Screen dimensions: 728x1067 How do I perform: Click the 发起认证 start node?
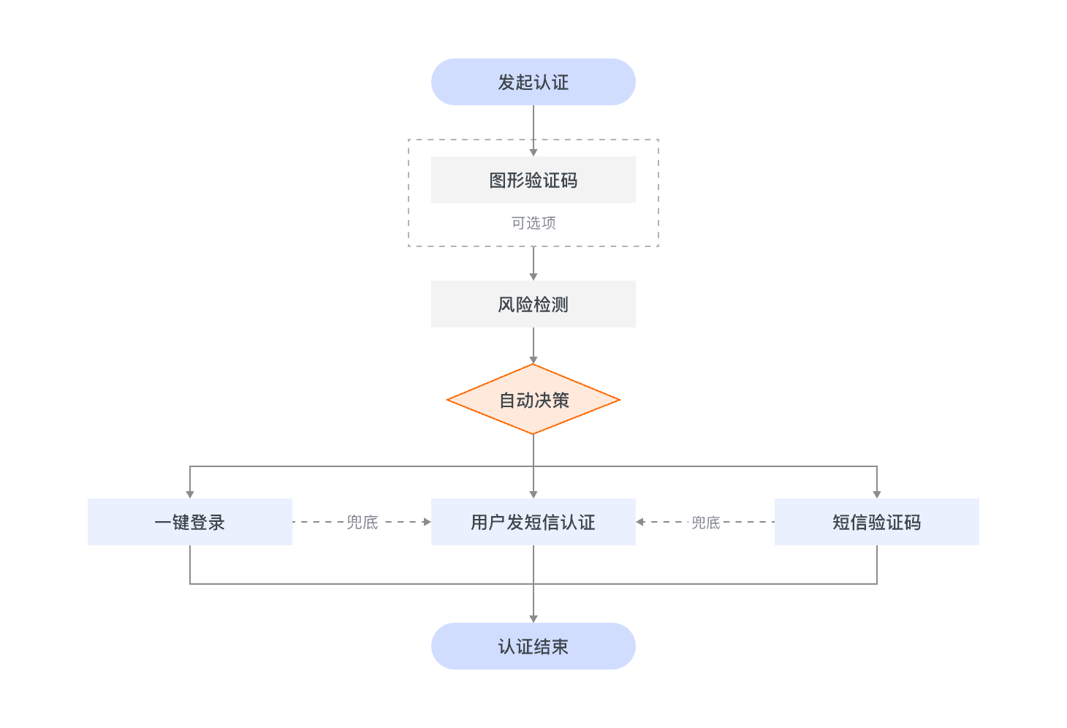click(x=533, y=82)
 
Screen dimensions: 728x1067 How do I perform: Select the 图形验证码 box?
click(x=533, y=180)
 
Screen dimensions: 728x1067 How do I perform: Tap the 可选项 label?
click(x=533, y=223)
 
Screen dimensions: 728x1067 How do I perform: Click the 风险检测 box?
click(x=533, y=304)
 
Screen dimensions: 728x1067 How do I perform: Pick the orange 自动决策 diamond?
click(x=533, y=400)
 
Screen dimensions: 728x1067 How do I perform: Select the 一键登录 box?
click(x=189, y=522)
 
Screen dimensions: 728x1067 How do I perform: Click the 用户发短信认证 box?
click(x=533, y=522)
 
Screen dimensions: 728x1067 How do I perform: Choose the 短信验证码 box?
click(x=876, y=522)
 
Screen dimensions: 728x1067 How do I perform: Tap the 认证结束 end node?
click(x=533, y=646)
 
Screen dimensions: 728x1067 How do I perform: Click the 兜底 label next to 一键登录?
click(x=362, y=522)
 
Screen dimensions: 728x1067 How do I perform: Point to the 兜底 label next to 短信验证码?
click(x=706, y=522)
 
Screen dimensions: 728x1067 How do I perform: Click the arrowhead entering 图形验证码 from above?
click(x=533, y=152)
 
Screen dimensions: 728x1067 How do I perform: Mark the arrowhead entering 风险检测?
click(x=533, y=276)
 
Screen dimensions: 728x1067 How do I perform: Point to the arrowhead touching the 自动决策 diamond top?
click(x=533, y=360)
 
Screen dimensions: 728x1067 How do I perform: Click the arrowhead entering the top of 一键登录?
click(x=190, y=494)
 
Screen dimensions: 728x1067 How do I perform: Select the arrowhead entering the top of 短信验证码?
click(x=877, y=494)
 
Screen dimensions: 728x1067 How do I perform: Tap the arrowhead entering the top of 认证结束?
click(x=533, y=618)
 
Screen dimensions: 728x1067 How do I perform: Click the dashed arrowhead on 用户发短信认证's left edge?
click(x=427, y=522)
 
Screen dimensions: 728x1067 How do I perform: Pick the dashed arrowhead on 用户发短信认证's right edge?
click(x=640, y=522)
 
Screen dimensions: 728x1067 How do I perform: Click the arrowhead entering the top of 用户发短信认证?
click(x=533, y=494)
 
